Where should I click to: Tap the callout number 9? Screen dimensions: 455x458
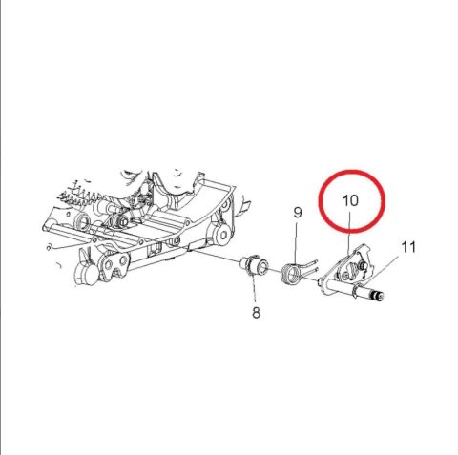297,212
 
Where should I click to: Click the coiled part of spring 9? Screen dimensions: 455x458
294,273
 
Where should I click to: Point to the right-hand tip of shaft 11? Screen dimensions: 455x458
384,299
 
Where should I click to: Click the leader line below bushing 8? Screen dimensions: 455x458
255,289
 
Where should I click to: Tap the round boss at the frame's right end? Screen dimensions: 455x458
222,237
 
